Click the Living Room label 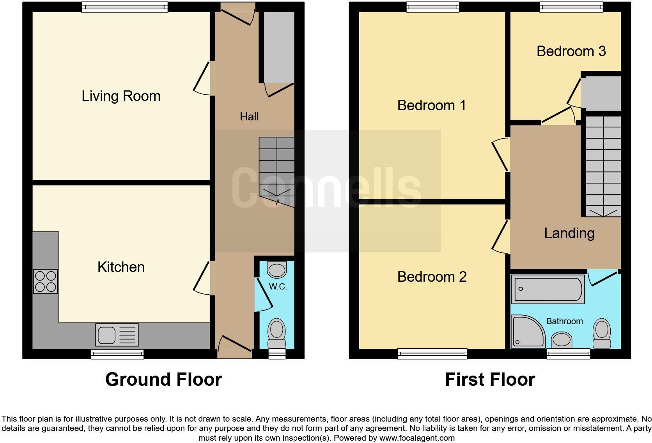tap(121, 96)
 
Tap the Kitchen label tap(121, 267)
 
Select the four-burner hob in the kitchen tap(46, 281)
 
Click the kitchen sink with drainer tap(117, 335)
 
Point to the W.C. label tap(278, 287)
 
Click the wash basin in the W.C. tap(277, 270)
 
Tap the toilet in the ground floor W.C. tap(276, 333)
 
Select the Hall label tap(249, 116)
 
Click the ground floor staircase tap(276, 168)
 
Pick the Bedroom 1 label tap(432, 106)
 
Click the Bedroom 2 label tap(432, 277)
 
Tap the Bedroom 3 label tap(571, 51)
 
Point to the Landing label tap(569, 233)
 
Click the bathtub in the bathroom tap(548, 289)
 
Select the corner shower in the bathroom tap(527, 331)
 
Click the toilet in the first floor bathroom tap(602, 333)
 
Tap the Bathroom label tap(564, 321)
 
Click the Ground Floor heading tap(163, 379)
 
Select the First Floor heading tap(490, 379)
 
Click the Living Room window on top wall tap(125, 7)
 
